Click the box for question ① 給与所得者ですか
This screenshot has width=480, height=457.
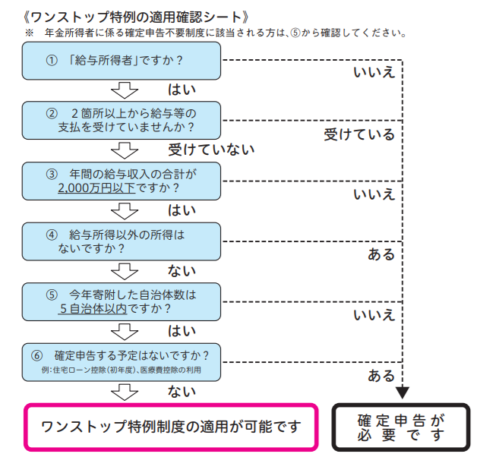coord(122,61)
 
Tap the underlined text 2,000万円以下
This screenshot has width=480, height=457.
coord(96,187)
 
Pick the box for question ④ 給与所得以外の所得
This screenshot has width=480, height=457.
coord(122,241)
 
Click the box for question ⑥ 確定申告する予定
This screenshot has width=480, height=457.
coord(122,361)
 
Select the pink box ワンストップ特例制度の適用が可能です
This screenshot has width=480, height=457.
coord(171,426)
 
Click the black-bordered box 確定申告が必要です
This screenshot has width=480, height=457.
coord(400,427)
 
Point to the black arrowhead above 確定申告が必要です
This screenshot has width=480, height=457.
coord(403,392)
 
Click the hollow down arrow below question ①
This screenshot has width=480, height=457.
coord(125,90)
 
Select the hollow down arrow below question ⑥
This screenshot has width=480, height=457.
coord(125,392)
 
